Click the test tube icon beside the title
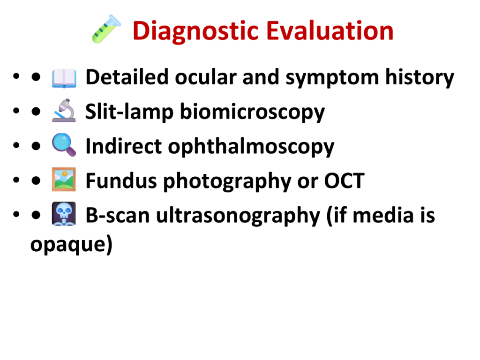pos(106,29)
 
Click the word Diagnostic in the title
pos(196,31)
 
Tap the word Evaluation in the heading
pos(330,30)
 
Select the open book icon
pos(64,78)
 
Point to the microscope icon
pos(64,111)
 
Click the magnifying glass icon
pos(64,145)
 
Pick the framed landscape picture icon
pos(64,180)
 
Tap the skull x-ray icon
pos(64,214)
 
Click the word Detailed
pos(127,77)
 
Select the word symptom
pos(332,78)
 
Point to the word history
pos(420,78)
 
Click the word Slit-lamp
pos(129,112)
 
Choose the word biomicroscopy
pos(252,112)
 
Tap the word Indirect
pos(123,146)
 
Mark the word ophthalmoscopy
pos(251,147)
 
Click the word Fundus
pos(121,180)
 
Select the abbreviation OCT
pos(345,180)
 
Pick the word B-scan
pos(118,215)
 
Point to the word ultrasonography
pos(238,216)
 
